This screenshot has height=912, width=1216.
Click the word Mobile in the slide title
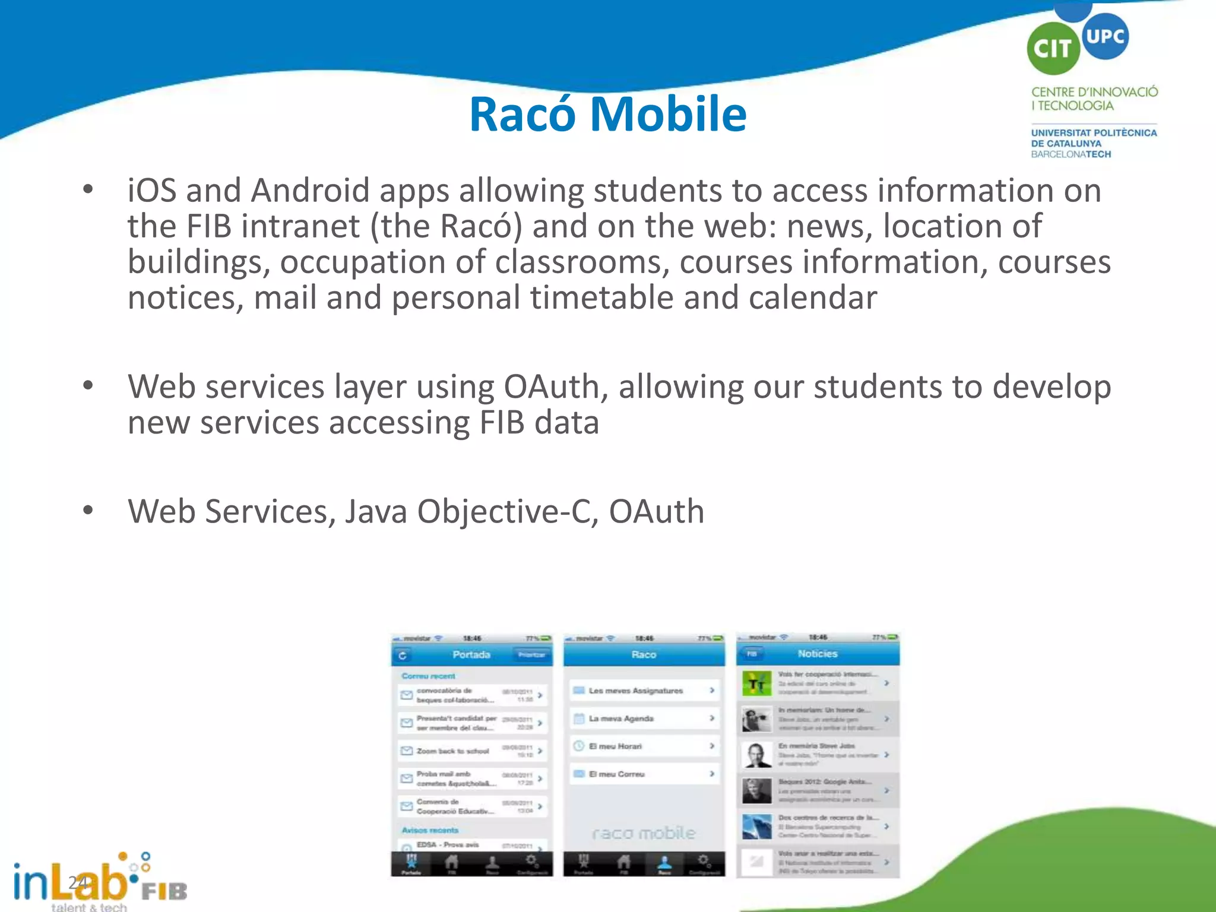[668, 114]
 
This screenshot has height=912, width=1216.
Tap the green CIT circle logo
[1053, 49]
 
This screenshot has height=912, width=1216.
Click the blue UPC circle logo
[1104, 36]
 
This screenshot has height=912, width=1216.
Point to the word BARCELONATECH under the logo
[1071, 154]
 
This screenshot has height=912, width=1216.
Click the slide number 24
[78, 883]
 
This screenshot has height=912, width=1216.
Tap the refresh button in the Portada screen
[403, 655]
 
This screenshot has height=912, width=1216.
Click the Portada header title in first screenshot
[471, 654]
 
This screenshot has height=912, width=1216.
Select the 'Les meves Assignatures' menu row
[644, 691]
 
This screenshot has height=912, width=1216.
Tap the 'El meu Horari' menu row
[644, 746]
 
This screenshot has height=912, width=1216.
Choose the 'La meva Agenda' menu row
[644, 718]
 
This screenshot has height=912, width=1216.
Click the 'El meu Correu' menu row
[644, 774]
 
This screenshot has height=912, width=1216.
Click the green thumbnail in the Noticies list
[756, 684]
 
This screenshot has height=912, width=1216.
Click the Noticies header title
[817, 654]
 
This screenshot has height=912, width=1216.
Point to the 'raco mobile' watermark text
[644, 834]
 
